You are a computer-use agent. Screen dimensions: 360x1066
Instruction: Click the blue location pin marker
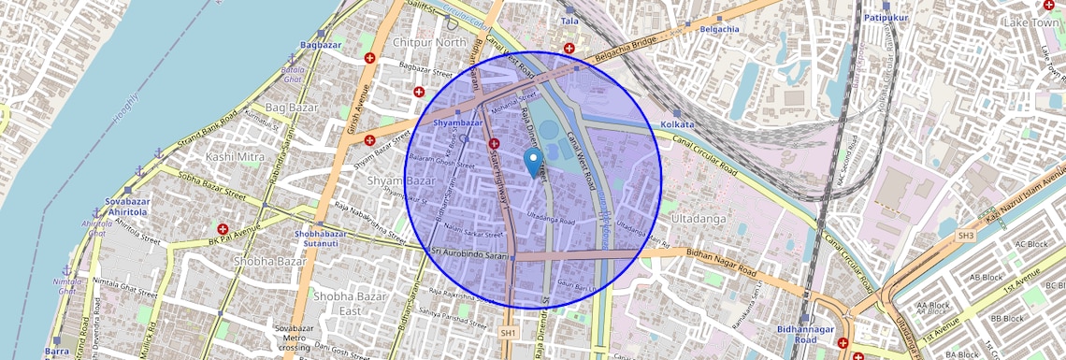click(533, 162)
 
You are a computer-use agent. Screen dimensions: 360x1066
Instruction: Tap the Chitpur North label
click(429, 43)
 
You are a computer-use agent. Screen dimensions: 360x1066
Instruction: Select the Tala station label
click(569, 21)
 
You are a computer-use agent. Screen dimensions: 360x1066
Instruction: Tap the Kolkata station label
click(678, 124)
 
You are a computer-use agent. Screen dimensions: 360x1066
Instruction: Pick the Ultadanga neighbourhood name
click(699, 218)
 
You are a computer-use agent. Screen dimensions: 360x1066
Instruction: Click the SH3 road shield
click(965, 236)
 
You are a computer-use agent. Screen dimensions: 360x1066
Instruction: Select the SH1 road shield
click(508, 332)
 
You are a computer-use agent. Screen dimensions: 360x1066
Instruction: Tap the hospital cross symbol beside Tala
click(569, 48)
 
